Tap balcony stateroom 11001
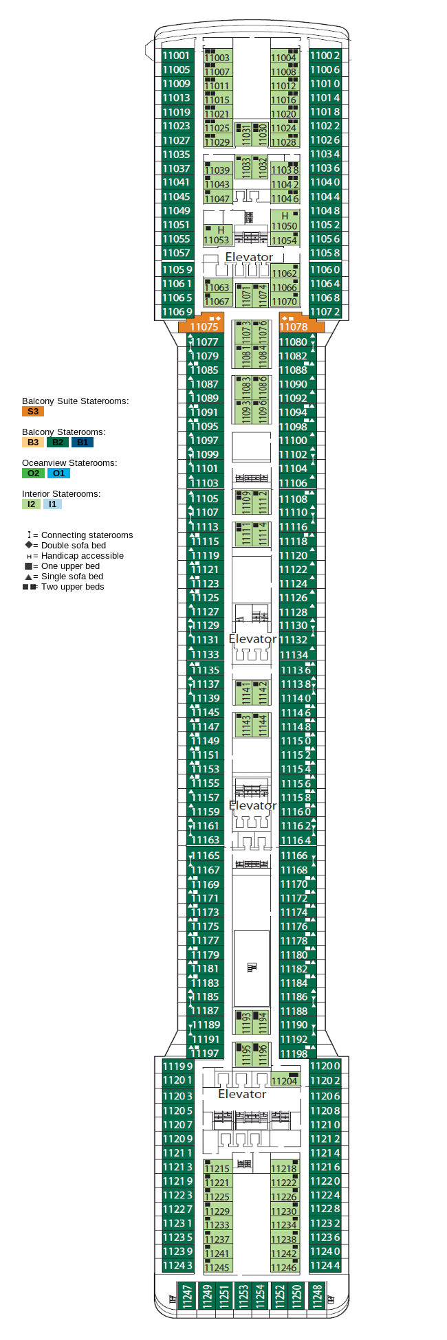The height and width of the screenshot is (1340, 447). pos(177,56)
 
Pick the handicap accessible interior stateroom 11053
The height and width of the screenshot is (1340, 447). pos(217,235)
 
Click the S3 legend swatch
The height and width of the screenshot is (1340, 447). pos(33,412)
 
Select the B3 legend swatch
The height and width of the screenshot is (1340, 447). pos(33,443)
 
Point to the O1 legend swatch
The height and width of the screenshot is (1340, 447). pos(58,473)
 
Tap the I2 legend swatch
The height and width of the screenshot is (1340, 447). pos(31,504)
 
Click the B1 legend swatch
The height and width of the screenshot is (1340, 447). pos(82,443)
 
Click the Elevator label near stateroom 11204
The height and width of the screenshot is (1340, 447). pos(242,1094)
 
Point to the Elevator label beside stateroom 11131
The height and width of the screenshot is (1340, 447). pos(252,639)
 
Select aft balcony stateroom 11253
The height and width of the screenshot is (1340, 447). pos(243,1295)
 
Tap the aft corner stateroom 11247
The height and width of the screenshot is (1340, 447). pos(187,1295)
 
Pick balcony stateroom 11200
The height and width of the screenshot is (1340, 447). pos(325,1066)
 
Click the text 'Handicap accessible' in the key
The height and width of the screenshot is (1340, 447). pos(83,556)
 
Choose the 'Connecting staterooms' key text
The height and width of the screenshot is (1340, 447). pos(87,535)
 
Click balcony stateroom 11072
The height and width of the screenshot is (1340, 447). pos(325,312)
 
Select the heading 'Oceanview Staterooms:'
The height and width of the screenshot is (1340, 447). pos(69,463)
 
